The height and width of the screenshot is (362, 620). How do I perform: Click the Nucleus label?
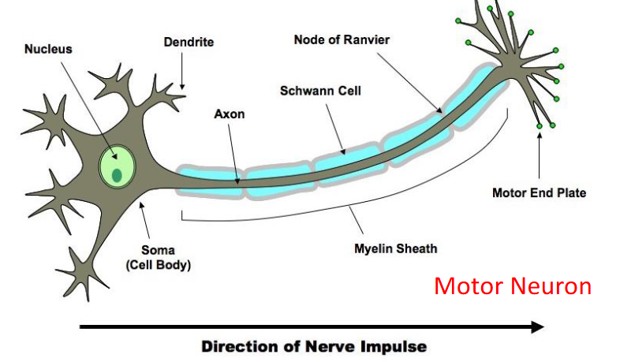tap(47, 49)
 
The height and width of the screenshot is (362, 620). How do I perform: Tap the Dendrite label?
tap(188, 41)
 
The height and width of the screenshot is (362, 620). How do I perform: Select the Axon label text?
tap(230, 114)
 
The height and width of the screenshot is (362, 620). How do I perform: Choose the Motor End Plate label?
tap(539, 192)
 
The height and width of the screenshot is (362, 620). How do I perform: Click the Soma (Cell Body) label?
tap(158, 258)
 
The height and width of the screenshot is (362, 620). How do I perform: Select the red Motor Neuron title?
tap(512, 285)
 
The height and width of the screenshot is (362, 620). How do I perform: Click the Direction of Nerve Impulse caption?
tap(313, 346)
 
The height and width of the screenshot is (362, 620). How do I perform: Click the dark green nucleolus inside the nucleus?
tap(117, 175)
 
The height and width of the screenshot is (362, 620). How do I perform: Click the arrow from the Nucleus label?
tap(83, 102)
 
